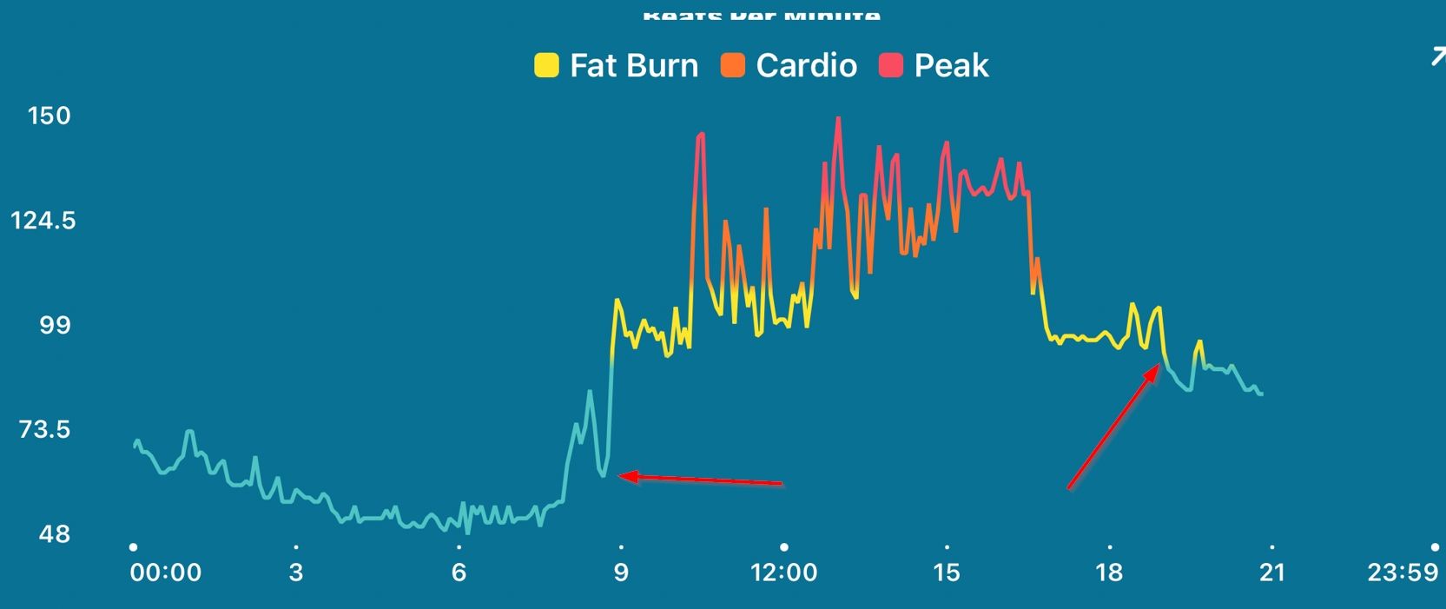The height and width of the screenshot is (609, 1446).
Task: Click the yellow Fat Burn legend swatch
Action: pos(546,66)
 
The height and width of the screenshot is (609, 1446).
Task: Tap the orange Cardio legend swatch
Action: pos(733,66)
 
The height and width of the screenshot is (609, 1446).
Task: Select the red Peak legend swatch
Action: pos(891,66)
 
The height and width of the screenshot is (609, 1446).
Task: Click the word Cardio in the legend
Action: pos(806,66)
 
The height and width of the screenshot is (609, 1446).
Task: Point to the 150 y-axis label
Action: pos(50,116)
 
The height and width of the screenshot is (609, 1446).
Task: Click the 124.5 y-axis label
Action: pos(43,221)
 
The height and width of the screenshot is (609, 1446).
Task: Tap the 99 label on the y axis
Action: pos(54,325)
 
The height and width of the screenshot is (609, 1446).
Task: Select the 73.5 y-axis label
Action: pos(45,429)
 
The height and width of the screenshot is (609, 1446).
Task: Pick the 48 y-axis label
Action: pos(54,533)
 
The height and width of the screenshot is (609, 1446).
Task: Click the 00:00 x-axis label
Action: pos(166,573)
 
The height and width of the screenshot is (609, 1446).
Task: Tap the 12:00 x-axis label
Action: pos(784,573)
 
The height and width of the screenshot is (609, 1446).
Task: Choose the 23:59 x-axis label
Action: pos(1403,573)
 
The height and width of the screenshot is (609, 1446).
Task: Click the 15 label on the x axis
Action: pos(947,573)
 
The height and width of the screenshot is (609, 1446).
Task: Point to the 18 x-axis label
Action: pos(1110,573)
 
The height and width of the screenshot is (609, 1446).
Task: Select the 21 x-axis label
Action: pos(1272,573)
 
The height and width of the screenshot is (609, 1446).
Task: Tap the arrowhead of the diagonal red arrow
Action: pos(1158,367)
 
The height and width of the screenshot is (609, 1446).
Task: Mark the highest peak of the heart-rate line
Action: pos(838,117)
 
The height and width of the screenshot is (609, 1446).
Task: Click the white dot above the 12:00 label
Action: pos(784,547)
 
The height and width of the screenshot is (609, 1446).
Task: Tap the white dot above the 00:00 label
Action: pos(133,547)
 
